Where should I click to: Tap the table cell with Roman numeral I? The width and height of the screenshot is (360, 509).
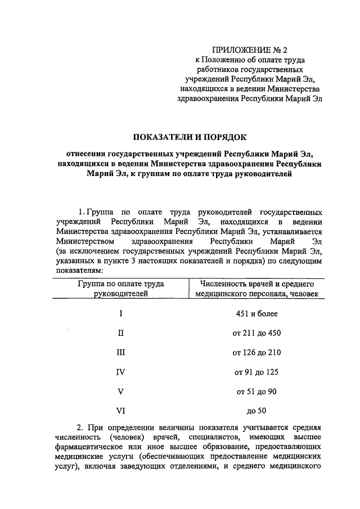pos(121,313)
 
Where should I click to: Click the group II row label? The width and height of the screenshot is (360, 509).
pos(121,333)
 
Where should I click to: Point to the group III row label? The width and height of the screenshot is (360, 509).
pos(121,353)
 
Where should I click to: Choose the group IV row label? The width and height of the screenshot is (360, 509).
pos(121,372)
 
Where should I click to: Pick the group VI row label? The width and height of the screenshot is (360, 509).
pos(121,411)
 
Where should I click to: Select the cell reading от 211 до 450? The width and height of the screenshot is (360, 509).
pos(256,333)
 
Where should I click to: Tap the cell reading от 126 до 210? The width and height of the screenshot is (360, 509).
pos(256,353)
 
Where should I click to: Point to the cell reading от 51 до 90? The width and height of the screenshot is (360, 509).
pos(256,391)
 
